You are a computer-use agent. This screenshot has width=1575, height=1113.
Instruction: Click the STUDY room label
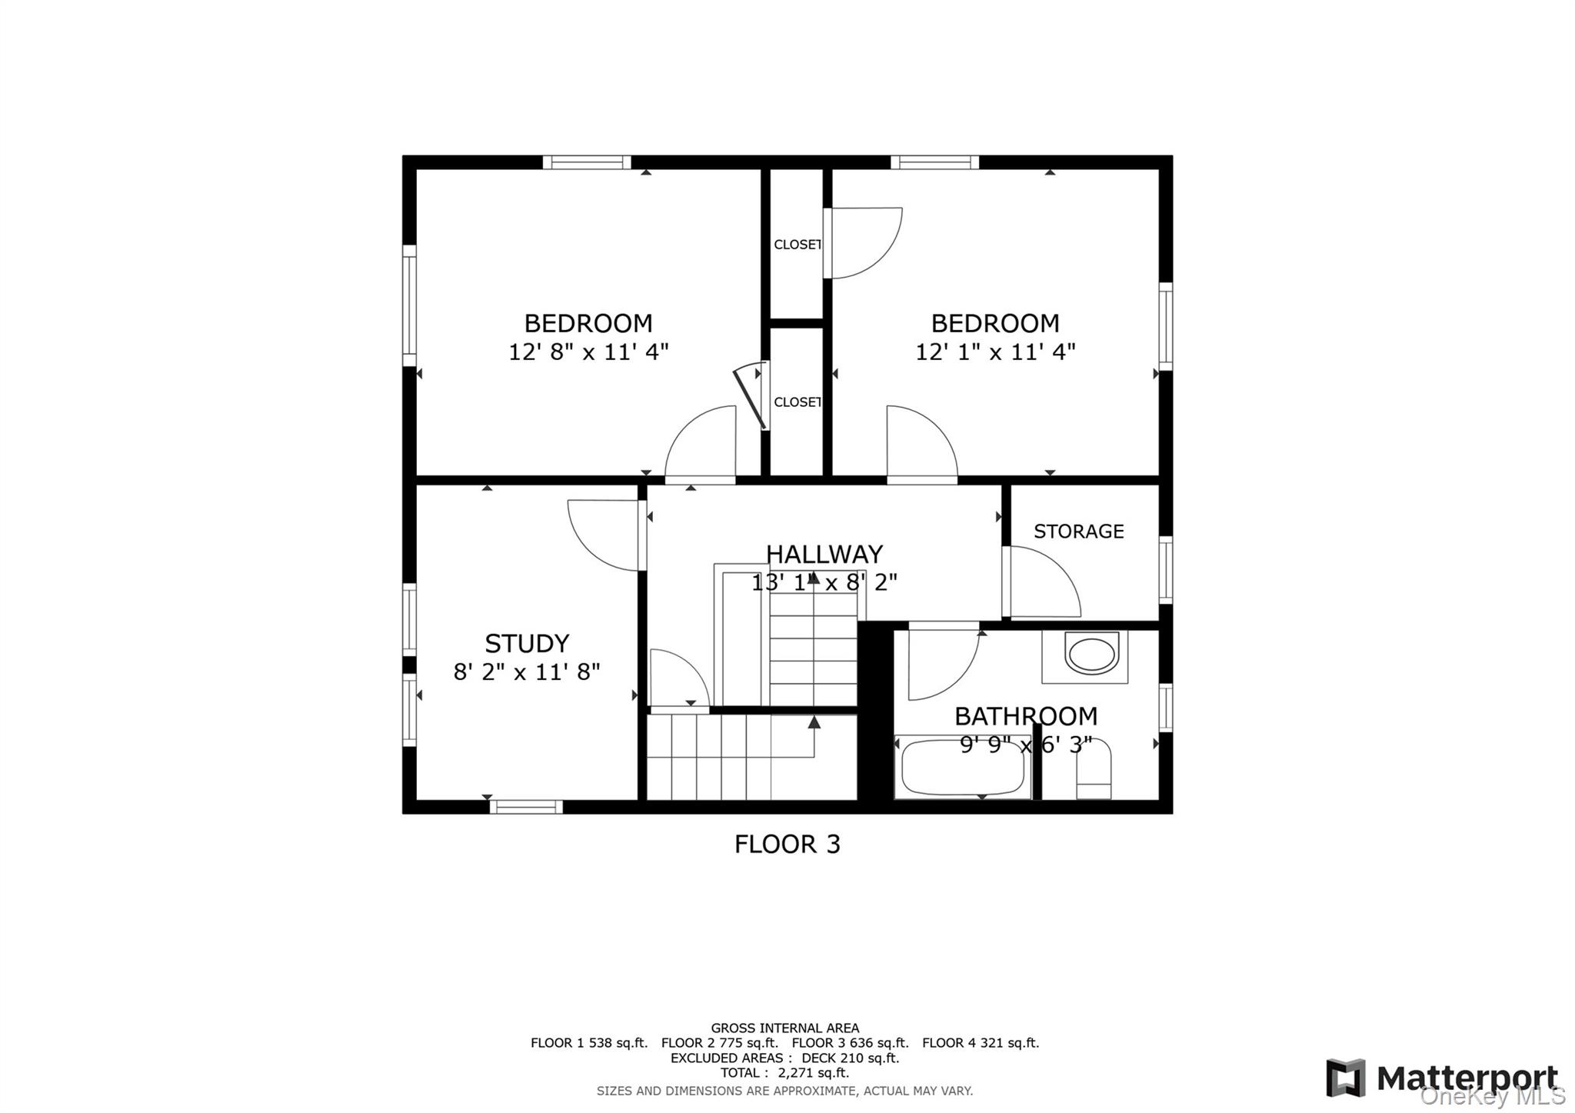[527, 643]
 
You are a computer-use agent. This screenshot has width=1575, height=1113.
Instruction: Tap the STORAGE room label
[1078, 532]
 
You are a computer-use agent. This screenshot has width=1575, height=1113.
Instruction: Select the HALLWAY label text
[824, 554]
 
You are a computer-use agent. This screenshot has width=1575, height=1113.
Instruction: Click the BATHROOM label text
[1025, 716]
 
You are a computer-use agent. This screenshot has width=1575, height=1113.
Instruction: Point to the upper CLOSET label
[797, 245]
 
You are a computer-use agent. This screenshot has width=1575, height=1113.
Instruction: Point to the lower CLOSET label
[797, 402]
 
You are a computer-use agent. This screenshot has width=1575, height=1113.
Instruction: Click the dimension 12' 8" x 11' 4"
[588, 352]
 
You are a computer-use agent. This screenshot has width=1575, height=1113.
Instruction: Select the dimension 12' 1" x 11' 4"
[995, 352]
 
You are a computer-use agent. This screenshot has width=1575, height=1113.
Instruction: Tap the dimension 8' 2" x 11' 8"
[527, 672]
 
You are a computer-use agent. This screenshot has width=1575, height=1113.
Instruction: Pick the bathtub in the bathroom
[962, 768]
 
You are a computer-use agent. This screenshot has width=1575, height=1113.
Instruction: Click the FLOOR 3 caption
[787, 845]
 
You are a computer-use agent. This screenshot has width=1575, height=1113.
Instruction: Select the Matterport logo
[1442, 1078]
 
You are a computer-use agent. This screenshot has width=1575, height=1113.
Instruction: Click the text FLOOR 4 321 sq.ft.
[980, 1043]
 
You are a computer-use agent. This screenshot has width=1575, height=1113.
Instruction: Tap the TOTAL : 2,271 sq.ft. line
[784, 1073]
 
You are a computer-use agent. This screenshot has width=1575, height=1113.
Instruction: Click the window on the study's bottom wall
[526, 807]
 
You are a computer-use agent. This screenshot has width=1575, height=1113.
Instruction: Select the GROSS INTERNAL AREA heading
[784, 1028]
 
